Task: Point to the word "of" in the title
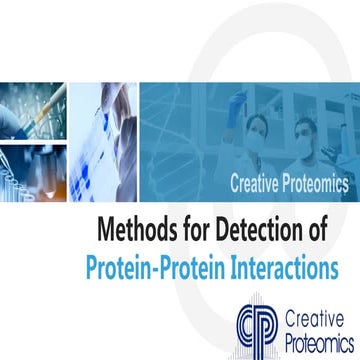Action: click(315, 231)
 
